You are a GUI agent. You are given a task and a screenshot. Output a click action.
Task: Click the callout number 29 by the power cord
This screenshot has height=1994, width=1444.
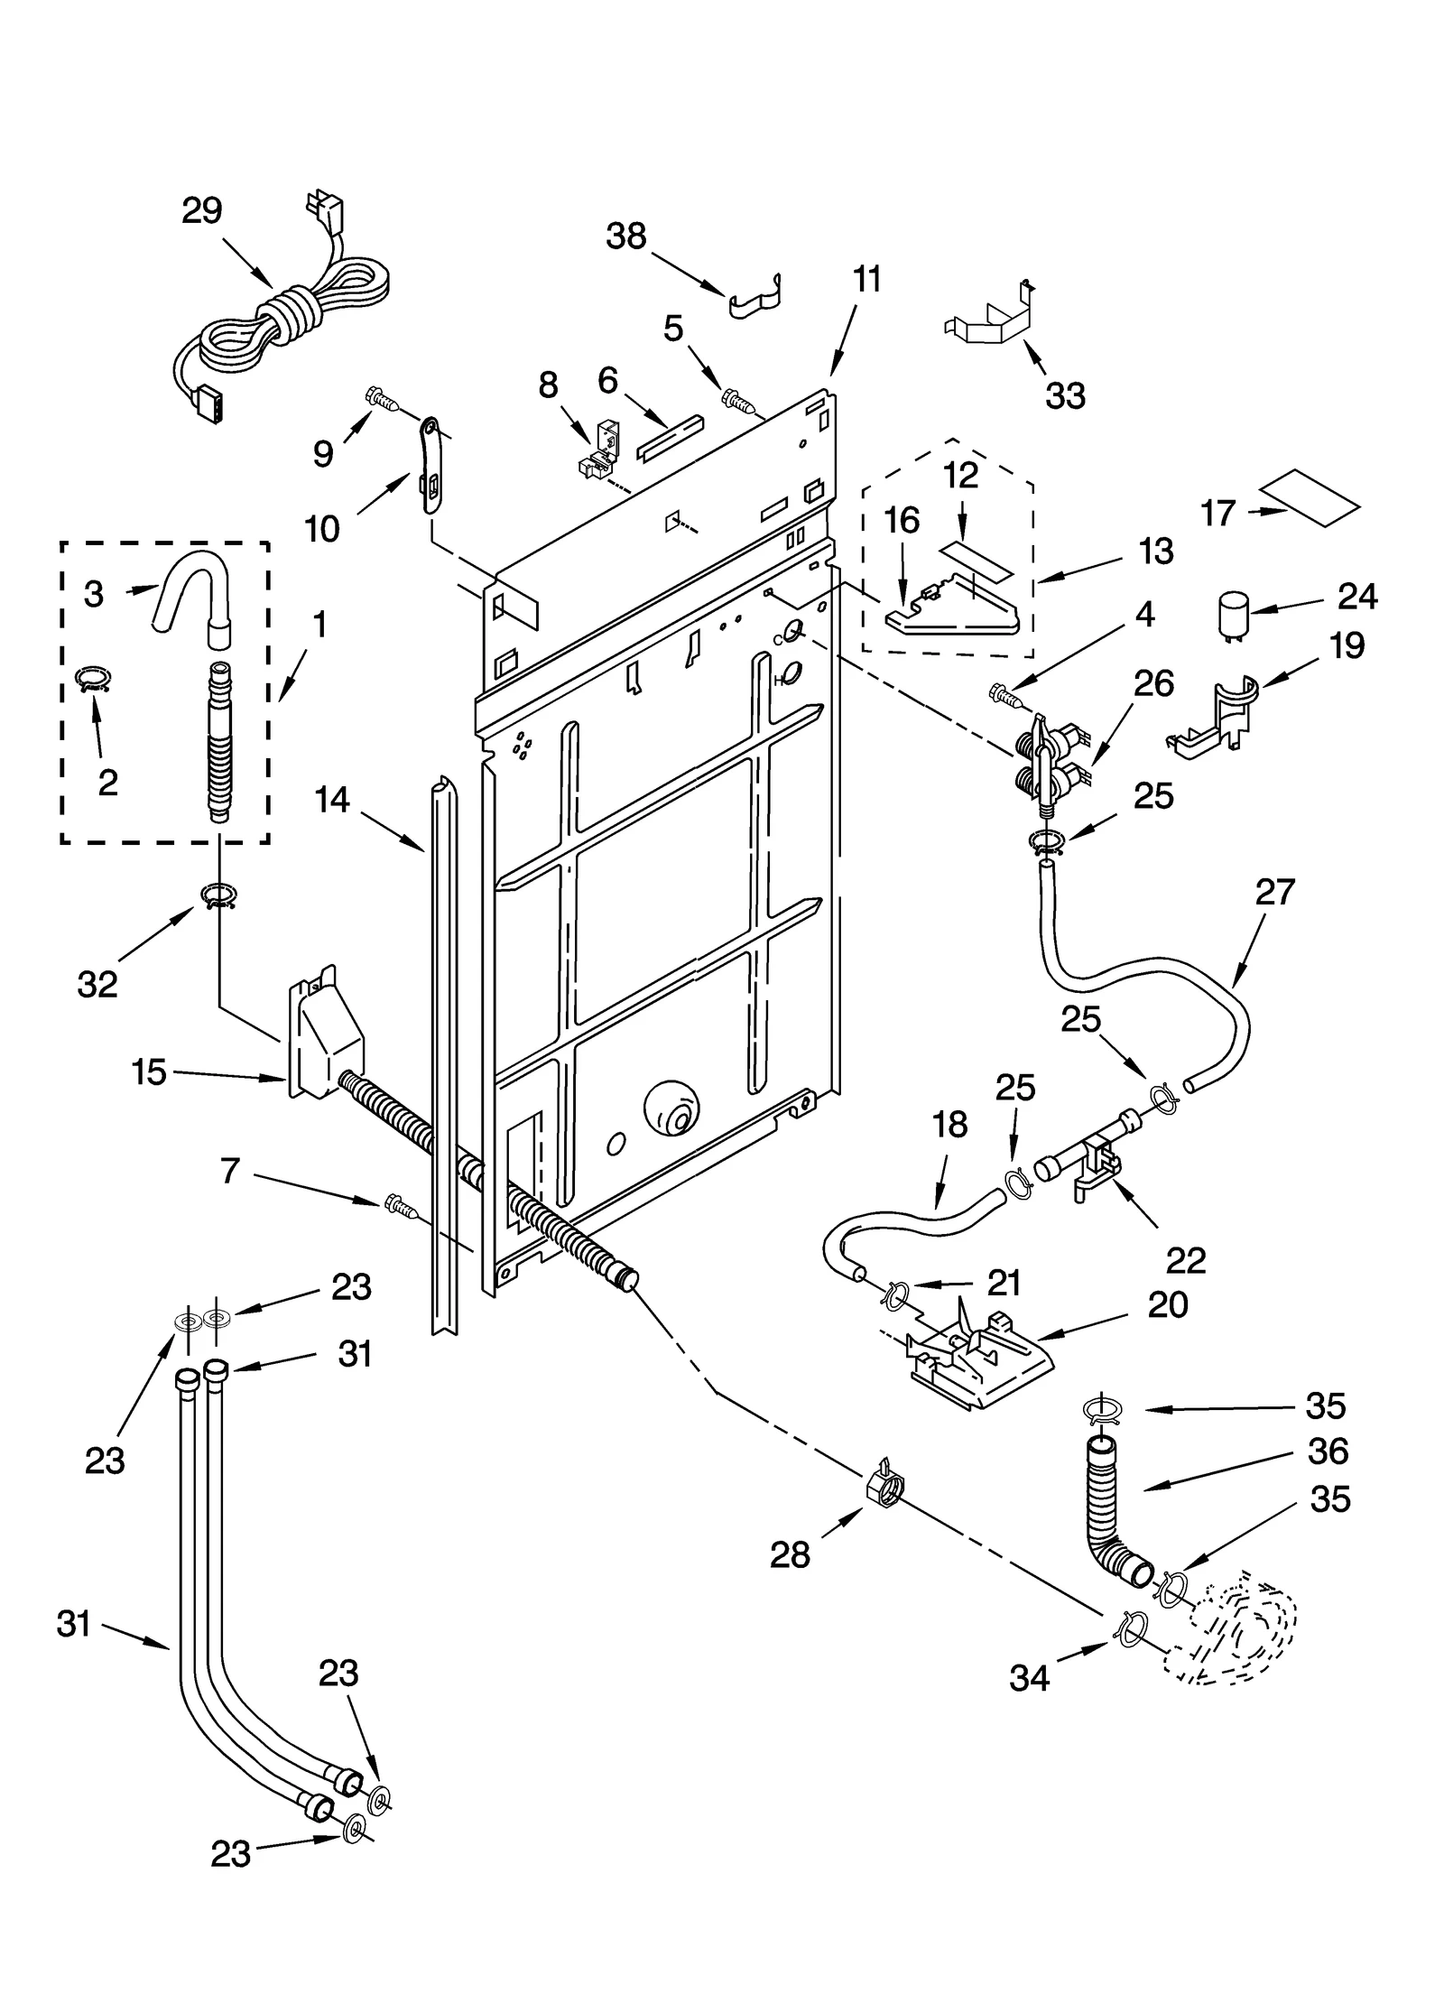201,211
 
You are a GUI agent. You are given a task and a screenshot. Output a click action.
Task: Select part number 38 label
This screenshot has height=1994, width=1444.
625,236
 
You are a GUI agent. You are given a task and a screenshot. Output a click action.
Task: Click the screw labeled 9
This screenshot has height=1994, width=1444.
383,398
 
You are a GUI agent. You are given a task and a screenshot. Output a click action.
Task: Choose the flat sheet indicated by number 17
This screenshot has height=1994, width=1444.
1309,498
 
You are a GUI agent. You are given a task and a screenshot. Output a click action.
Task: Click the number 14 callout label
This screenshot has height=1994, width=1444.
332,800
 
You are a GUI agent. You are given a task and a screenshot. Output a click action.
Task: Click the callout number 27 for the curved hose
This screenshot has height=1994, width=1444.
1274,892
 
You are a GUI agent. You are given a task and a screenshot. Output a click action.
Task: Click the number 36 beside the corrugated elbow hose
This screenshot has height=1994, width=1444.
1327,1452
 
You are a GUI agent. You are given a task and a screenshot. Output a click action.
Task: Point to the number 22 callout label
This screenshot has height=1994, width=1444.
1185,1261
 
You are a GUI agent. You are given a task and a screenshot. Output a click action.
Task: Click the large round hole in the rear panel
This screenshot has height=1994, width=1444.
671,1108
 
